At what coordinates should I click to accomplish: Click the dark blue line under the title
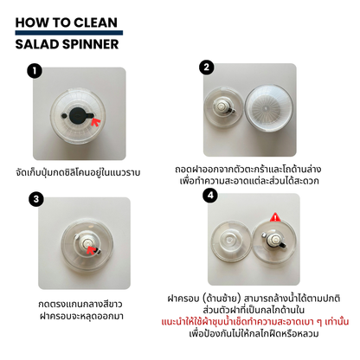(x=69, y=33)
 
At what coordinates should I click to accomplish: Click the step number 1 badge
(x=35, y=72)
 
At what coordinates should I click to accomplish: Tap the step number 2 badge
(x=206, y=67)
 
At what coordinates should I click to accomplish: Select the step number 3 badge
(x=35, y=199)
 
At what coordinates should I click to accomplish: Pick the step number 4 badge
(x=208, y=196)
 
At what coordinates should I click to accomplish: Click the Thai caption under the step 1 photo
(x=89, y=173)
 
